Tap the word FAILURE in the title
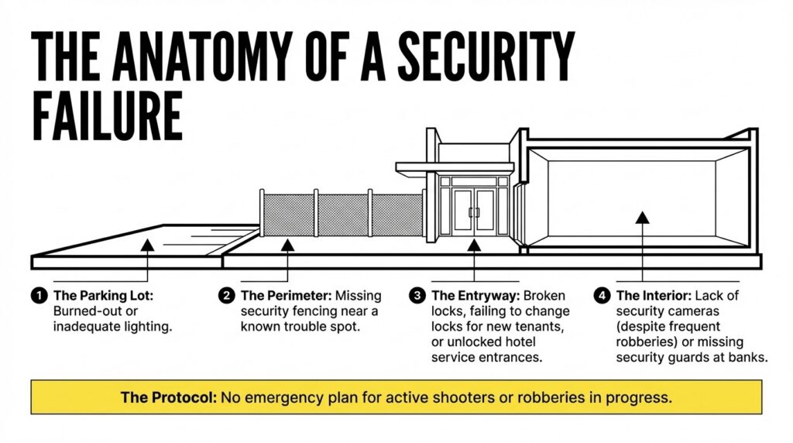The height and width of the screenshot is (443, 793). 107,116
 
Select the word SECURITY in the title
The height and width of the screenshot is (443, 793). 486,56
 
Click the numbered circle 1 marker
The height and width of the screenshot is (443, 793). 39,295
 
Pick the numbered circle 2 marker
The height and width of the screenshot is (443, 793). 227,295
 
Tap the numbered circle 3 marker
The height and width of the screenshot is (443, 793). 417,295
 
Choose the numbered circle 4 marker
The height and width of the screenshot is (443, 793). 602,295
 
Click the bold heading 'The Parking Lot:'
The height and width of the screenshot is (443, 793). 103,296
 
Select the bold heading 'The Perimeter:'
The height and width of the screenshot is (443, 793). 287,296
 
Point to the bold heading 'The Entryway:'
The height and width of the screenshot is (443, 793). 475,296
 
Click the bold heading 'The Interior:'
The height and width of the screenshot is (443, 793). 654,296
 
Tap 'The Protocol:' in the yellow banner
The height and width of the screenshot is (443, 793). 168,397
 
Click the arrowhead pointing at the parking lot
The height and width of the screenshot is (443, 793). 147,246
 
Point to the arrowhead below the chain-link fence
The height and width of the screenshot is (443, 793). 288,246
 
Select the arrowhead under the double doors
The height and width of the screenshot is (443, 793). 474,246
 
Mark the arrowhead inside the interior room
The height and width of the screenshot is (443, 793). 642,218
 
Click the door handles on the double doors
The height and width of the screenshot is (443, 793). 474,212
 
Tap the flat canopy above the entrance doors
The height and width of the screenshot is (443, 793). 455,167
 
